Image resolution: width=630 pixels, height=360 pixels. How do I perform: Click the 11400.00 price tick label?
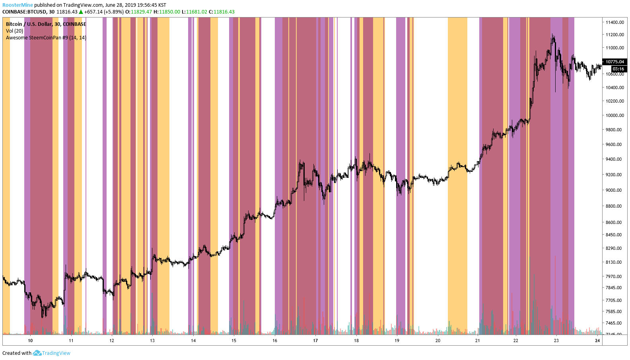pos(614,22)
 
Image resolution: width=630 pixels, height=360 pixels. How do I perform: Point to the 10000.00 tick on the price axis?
pos(614,115)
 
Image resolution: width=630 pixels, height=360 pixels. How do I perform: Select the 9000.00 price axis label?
pos(614,190)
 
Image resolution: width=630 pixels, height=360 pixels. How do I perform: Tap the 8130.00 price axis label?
pos(614,262)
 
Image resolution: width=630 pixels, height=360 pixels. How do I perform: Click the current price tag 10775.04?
pos(614,62)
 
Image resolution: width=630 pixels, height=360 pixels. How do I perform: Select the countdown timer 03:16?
pos(618,69)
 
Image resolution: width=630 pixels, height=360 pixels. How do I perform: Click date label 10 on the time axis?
pos(30,341)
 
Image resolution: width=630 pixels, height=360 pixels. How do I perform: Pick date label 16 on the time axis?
pos(275,341)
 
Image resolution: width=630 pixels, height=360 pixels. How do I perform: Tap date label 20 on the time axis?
pos(438,341)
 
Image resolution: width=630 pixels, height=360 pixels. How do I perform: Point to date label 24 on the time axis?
pos(597,341)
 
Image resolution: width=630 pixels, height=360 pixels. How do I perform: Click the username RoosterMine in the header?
pos(17,5)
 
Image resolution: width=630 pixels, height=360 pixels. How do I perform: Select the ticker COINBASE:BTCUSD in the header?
pos(24,12)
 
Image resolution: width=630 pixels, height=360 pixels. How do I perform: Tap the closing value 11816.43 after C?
pos(224,12)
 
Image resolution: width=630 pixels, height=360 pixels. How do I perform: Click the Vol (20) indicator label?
pos(15,31)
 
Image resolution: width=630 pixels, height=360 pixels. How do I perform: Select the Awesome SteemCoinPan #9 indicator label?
pos(46,38)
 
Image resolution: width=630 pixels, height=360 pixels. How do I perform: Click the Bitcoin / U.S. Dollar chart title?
pos(46,24)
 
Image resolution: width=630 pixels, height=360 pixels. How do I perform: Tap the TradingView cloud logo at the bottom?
pos(37,353)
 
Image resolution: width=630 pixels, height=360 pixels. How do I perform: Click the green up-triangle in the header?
pos(81,12)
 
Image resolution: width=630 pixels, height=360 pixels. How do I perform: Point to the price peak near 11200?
pos(553,36)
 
